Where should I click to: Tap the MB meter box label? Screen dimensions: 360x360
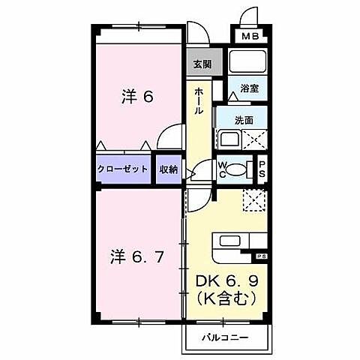click(x=249, y=36)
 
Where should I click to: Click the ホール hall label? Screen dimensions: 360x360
click(x=199, y=100)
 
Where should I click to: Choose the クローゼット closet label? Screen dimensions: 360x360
click(x=123, y=169)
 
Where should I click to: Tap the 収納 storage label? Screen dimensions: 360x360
click(x=168, y=169)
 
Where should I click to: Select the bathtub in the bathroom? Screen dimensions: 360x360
click(x=248, y=61)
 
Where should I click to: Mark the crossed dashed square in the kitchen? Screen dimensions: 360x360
click(x=254, y=198)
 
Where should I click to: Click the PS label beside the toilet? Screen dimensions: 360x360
click(x=262, y=169)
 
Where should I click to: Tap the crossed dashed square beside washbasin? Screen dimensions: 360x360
click(x=256, y=139)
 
